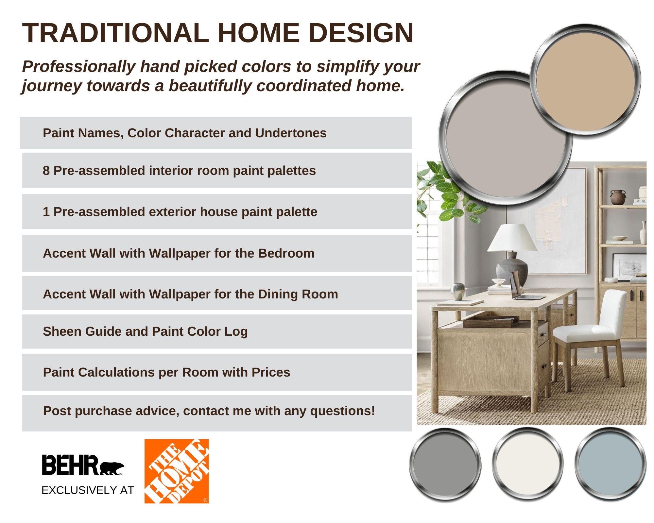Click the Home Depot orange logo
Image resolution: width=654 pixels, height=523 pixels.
click(177, 471)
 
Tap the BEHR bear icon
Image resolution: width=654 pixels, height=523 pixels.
click(112, 468)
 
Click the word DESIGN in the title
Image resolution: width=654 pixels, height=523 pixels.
click(361, 33)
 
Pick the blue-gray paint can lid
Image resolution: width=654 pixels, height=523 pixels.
click(610, 464)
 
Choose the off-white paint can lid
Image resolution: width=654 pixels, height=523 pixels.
click(527, 464)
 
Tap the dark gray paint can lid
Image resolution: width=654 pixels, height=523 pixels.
click(445, 464)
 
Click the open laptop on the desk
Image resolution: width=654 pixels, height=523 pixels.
click(523, 288)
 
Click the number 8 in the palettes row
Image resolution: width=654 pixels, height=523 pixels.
click(46, 171)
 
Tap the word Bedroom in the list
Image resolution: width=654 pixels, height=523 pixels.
click(286, 253)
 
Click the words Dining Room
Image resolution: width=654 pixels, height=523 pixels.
click(298, 294)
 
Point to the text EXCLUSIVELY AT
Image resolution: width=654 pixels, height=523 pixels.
click(88, 490)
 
